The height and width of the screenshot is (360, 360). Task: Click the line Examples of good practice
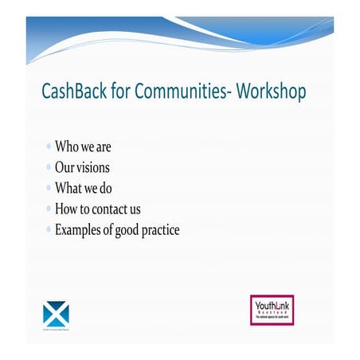click(x=117, y=230)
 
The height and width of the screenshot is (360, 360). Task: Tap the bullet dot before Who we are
click(x=49, y=147)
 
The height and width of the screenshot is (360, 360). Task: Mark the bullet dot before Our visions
click(x=49, y=168)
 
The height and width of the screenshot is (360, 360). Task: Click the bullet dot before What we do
click(x=49, y=189)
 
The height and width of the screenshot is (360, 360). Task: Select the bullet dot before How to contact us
click(x=49, y=209)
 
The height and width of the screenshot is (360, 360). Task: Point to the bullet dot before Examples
click(x=49, y=230)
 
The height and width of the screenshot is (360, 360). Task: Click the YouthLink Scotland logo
click(x=272, y=311)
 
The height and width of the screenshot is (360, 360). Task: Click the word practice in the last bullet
click(x=158, y=230)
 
